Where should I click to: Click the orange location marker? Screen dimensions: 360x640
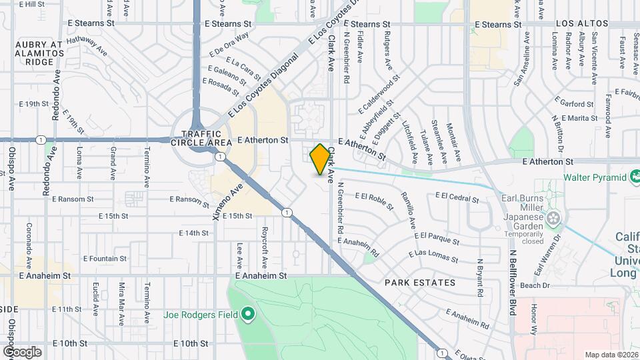tap(321, 159)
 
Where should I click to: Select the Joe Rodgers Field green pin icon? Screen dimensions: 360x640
tap(248, 313)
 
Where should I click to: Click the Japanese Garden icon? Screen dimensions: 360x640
tap(553, 217)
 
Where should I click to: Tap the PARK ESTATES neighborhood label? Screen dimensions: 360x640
tap(420, 283)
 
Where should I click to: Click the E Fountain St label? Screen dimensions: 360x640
tap(105, 259)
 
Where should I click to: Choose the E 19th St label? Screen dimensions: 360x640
tap(35, 104)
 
